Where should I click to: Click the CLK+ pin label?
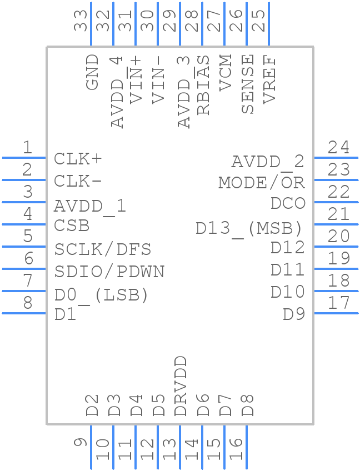(x=78, y=159)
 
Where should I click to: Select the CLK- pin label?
(x=78, y=182)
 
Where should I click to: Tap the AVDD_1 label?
(x=90, y=206)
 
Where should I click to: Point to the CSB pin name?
(x=72, y=226)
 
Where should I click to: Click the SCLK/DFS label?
(x=103, y=249)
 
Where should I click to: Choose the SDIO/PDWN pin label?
(x=109, y=272)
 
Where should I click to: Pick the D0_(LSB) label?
(x=101, y=295)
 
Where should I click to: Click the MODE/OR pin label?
(x=262, y=182)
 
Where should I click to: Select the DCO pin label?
(x=288, y=203)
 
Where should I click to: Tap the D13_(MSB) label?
(x=249, y=228)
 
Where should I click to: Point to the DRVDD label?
(x=181, y=387)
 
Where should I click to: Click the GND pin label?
(x=92, y=72)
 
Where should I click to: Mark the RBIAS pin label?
(x=203, y=85)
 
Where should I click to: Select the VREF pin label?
(x=269, y=79)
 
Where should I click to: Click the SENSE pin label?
(x=247, y=84)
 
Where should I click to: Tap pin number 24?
(x=338, y=148)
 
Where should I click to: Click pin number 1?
(x=27, y=148)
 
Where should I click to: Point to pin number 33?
(x=81, y=20)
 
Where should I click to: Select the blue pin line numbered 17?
(x=336, y=313)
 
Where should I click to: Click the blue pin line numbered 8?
(x=24, y=313)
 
